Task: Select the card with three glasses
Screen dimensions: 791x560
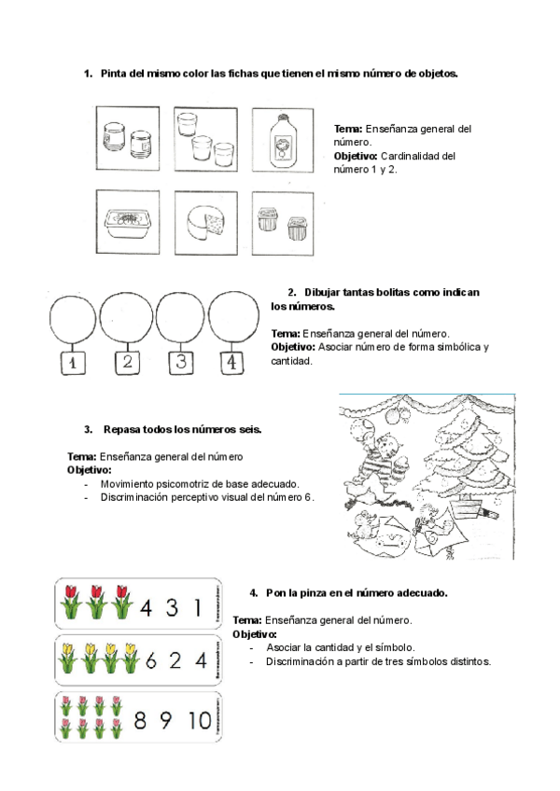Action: pyautogui.click(x=206, y=140)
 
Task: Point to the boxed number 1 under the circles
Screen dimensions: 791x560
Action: pyautogui.click(x=72, y=362)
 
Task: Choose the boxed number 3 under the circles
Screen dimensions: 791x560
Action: pyautogui.click(x=180, y=362)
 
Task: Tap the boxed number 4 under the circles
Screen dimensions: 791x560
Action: pyautogui.click(x=230, y=362)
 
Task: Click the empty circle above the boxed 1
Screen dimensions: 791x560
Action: pyautogui.click(x=73, y=319)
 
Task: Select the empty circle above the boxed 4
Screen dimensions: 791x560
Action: pyautogui.click(x=231, y=319)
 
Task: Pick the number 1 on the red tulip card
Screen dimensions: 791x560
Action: pyautogui.click(x=197, y=608)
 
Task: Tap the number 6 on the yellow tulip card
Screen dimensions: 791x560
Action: pyautogui.click(x=152, y=660)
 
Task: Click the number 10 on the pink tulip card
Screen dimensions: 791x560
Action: pyautogui.click(x=198, y=720)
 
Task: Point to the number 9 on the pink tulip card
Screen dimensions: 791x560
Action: pyautogui.click(x=167, y=720)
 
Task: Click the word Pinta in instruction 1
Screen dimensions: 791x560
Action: pyautogui.click(x=115, y=74)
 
